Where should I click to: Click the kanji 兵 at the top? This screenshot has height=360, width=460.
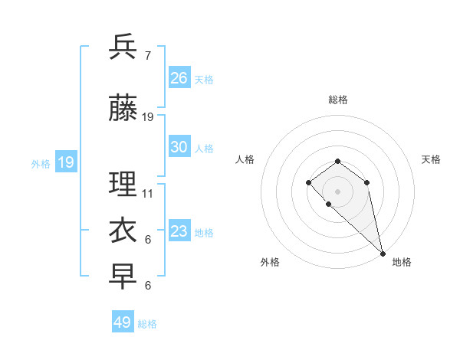pos(123,47)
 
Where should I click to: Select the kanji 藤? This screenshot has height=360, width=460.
pos(123,110)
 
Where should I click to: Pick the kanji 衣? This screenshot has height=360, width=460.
pos(123,231)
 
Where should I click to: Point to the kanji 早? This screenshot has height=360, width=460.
pos(123,277)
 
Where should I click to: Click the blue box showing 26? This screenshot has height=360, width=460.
pos(179,78)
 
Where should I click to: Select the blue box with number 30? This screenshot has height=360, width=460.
pos(179,147)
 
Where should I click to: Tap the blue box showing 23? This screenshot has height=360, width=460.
pos(179,231)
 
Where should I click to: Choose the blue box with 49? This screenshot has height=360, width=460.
pos(123,322)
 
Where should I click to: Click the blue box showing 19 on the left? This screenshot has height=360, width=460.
pos(66,162)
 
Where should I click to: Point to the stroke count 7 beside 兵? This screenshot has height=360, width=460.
pos(147,56)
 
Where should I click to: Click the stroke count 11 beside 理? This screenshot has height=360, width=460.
pos(148,194)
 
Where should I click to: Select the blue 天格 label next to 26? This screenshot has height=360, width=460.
pos(204,80)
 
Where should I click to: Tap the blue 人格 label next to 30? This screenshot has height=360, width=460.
pos(204,149)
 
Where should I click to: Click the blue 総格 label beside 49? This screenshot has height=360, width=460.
pos(147,324)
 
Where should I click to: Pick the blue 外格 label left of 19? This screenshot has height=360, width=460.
pos(41,164)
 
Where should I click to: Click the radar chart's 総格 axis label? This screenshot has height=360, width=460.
pos(337,100)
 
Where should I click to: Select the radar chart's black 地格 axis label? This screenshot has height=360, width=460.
pos(402,262)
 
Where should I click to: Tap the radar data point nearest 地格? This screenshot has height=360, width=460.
pos(383,253)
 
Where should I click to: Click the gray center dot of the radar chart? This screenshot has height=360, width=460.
pos(337,191)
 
